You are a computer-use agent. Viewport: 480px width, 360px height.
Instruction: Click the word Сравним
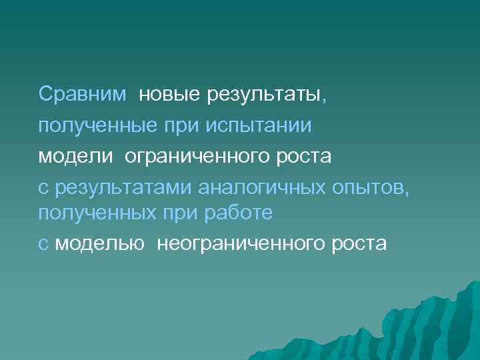coord(82,94)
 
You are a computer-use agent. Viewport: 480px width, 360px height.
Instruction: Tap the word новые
coord(169,94)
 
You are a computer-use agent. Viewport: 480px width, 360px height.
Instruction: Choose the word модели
coord(76,156)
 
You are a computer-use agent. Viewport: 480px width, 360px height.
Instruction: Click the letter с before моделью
coord(43,243)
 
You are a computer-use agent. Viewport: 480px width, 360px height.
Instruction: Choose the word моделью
coord(100,243)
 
